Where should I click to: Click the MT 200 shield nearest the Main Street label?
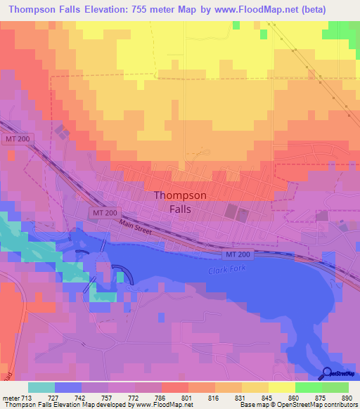point(103,212)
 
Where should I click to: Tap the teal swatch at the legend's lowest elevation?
point(41,387)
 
